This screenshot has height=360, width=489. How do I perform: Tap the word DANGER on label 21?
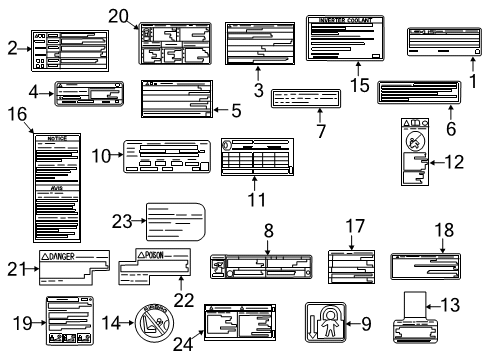tap(77, 256)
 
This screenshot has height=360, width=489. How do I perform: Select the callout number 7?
tap(320, 130)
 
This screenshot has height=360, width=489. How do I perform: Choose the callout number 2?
tap(11, 46)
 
